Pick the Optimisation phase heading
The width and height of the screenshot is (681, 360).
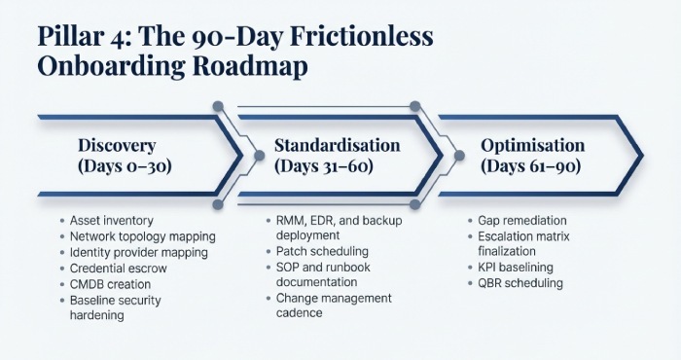(x=532, y=145)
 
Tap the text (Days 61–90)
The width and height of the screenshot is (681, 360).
(x=532, y=166)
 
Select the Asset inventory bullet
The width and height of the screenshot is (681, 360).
(x=111, y=221)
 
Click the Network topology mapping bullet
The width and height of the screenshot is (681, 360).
(x=142, y=236)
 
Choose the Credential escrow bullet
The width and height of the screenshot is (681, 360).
(x=120, y=269)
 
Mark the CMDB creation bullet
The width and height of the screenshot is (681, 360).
(x=113, y=284)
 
